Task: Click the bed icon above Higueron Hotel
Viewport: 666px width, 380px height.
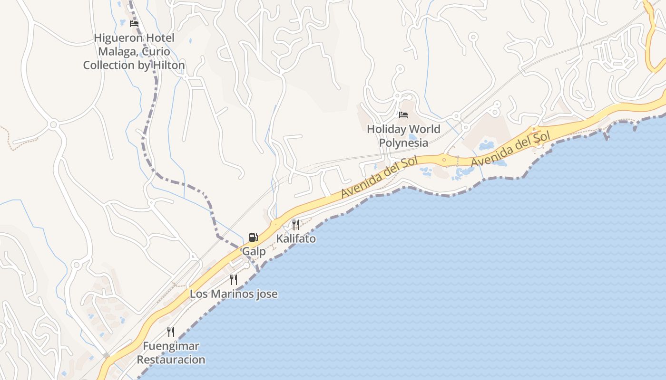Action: tap(134, 23)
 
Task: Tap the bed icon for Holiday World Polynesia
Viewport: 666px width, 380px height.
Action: tap(403, 115)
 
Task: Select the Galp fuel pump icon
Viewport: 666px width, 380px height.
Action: tap(253, 237)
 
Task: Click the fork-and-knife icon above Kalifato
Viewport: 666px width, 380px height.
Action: tap(296, 224)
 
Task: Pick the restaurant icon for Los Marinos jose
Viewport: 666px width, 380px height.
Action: tap(234, 279)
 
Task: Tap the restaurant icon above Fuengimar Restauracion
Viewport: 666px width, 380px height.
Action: tap(171, 332)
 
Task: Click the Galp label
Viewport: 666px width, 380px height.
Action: tap(254, 251)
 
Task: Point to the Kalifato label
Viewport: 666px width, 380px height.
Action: tap(296, 238)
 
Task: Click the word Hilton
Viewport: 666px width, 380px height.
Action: tap(168, 65)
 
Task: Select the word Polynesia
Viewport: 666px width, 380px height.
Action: tap(403, 142)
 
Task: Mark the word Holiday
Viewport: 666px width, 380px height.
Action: tap(386, 129)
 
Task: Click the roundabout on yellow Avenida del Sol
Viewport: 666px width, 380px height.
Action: tap(444, 160)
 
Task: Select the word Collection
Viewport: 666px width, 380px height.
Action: tap(109, 65)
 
